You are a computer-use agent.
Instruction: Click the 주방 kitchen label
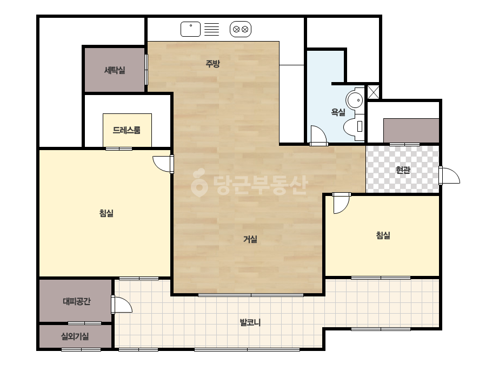pyautogui.click(x=212, y=64)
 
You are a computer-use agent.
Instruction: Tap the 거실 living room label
pyautogui.click(x=250, y=239)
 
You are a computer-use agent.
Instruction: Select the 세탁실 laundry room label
pyautogui.click(x=115, y=70)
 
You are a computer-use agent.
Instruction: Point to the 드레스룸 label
pyautogui.click(x=127, y=130)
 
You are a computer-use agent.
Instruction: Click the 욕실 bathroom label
pyautogui.click(x=338, y=112)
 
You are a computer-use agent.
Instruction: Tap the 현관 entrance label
pyautogui.click(x=403, y=170)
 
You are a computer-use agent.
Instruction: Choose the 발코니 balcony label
pyautogui.click(x=250, y=322)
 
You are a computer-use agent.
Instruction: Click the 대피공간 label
pyautogui.click(x=77, y=301)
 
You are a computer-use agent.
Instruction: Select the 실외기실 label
pyautogui.click(x=75, y=336)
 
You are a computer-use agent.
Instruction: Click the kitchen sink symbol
pyautogui.click(x=191, y=29)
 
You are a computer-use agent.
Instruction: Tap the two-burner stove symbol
pyautogui.click(x=241, y=29)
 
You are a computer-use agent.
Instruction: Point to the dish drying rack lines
pyautogui.click(x=211, y=29)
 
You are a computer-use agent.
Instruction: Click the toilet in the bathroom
pyautogui.click(x=354, y=126)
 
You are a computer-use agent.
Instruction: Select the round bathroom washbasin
pyautogui.click(x=355, y=100)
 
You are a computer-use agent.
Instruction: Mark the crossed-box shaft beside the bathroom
pyautogui.click(x=373, y=92)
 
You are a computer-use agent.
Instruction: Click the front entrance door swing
pyautogui.click(x=450, y=175)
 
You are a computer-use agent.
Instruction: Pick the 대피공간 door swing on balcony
pyautogui.click(x=122, y=305)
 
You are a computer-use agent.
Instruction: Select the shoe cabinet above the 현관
pyautogui.click(x=411, y=131)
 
